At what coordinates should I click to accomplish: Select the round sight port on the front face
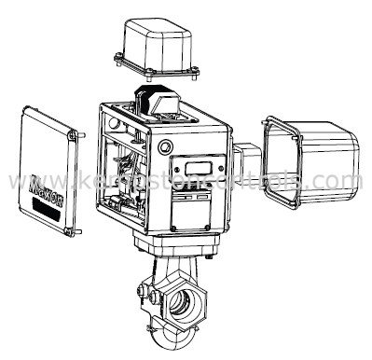click(x=166, y=147)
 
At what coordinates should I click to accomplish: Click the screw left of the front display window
click(x=179, y=164)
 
